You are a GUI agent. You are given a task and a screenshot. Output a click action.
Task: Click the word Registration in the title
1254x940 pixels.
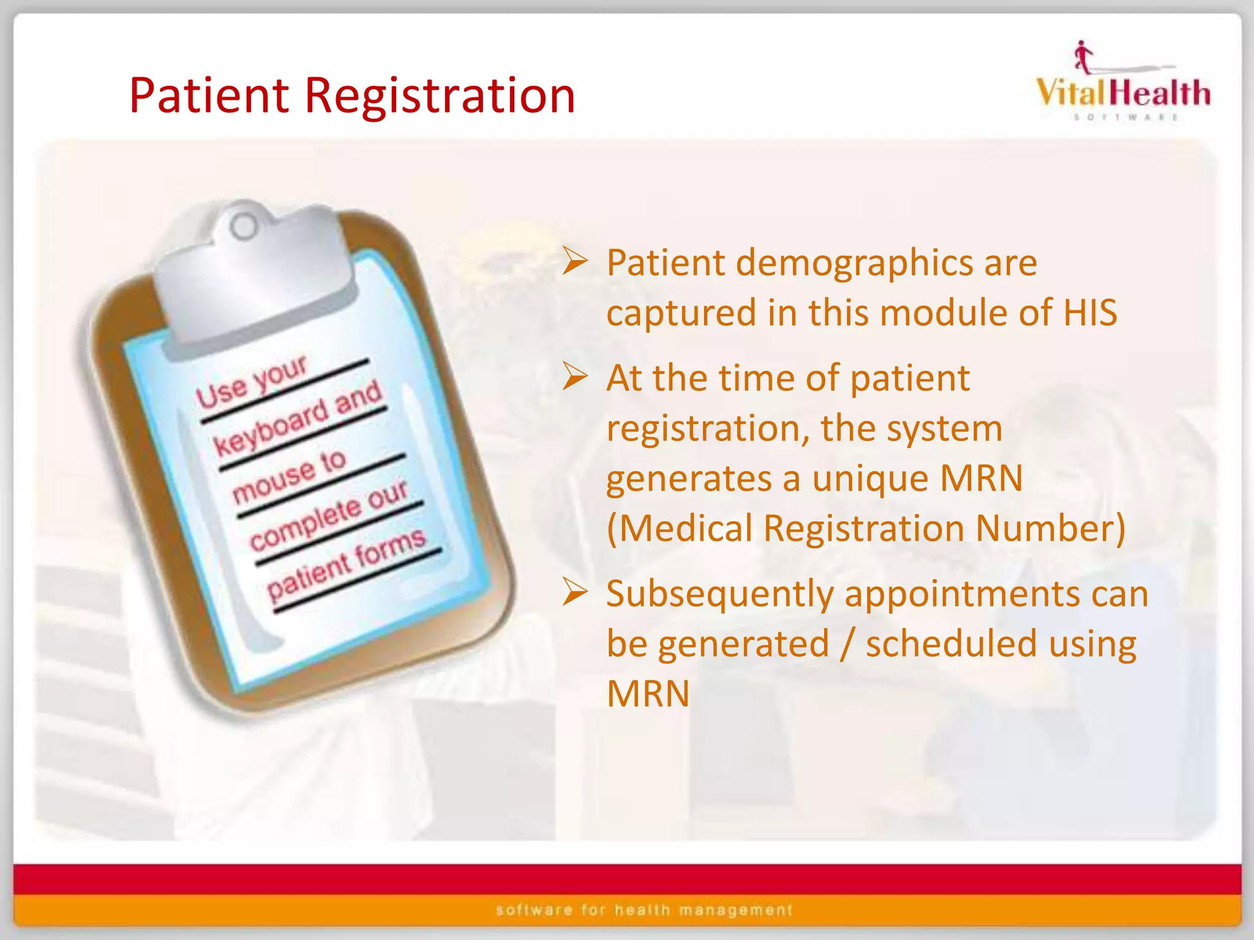click(440, 96)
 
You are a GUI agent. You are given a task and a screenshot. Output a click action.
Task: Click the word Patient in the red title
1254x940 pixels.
click(209, 96)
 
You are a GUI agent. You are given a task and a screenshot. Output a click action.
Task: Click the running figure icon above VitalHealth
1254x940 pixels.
click(1083, 57)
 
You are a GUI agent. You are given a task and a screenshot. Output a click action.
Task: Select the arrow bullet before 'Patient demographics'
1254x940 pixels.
click(575, 262)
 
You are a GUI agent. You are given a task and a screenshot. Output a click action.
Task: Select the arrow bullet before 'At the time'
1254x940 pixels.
click(575, 377)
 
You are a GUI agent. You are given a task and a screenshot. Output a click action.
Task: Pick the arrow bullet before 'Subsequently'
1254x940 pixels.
click(575, 592)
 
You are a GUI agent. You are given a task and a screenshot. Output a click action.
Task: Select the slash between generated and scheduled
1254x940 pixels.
click(847, 644)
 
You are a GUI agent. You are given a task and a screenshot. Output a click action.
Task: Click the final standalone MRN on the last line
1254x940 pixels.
click(648, 694)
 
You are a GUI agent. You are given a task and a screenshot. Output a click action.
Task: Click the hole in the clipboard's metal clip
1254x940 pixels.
click(244, 227)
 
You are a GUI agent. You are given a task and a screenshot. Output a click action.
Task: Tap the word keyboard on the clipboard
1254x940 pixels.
click(271, 429)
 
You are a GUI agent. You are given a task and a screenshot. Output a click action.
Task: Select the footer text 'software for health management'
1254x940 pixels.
click(644, 910)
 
